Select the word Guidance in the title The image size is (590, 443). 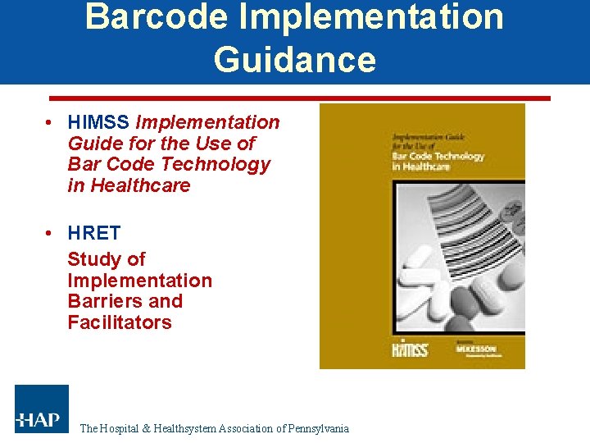coord(295,60)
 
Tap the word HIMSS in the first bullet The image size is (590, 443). coord(99,122)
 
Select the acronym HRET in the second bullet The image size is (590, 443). coord(94,233)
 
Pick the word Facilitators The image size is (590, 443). coord(120,322)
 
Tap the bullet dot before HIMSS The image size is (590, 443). coord(51,122)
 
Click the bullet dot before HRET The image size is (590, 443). coord(51,233)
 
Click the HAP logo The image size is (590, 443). coord(41,409)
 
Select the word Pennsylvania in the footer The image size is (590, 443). coord(315,428)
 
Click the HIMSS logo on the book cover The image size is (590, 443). coord(409,348)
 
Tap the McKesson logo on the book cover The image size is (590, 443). coord(477,349)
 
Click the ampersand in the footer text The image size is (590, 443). coord(146,428)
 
